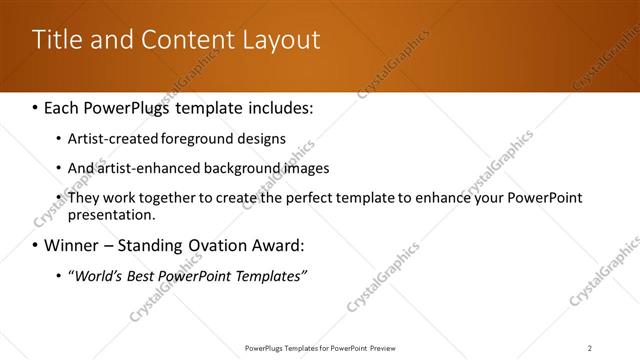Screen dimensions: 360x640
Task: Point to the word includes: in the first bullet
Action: tap(281, 106)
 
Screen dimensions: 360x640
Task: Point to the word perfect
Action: tap(306, 198)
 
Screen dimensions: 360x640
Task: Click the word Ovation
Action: tap(209, 245)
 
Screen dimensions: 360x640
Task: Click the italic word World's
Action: tap(98, 276)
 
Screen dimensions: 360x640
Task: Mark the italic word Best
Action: tap(143, 276)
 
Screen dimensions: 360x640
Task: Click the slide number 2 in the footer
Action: tap(589, 348)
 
